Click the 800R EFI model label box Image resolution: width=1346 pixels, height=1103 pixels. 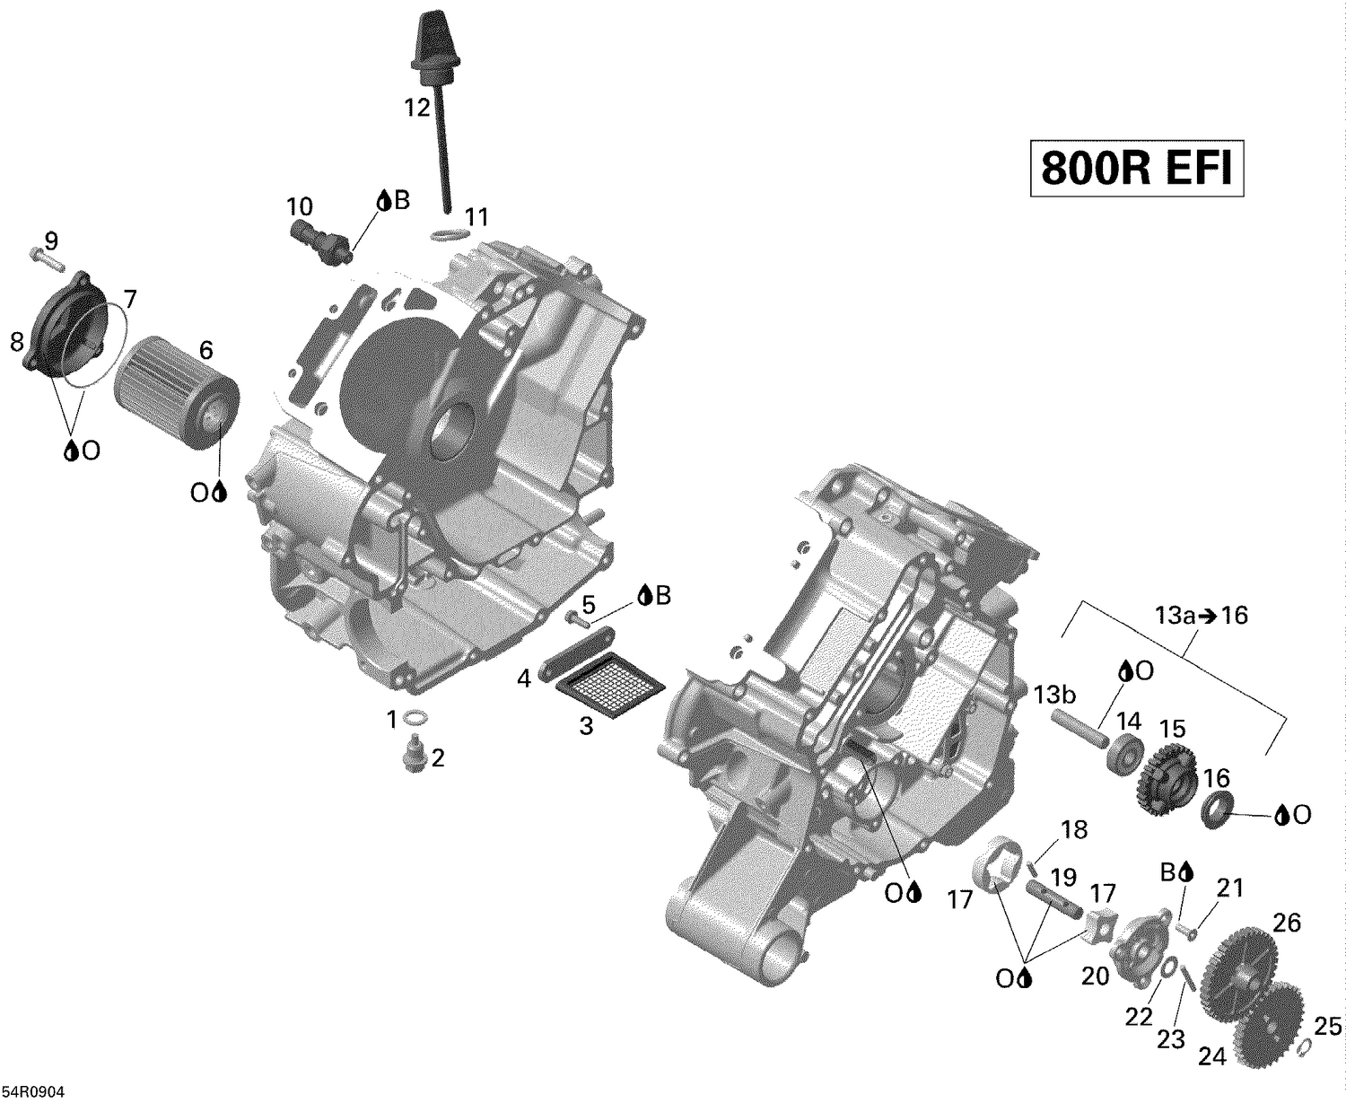point(1136,167)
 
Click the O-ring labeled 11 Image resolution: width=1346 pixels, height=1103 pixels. point(446,236)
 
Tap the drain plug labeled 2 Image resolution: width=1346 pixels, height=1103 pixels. point(414,754)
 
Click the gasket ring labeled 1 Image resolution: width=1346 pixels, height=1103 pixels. point(415,717)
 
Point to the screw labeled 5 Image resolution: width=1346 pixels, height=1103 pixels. point(579,617)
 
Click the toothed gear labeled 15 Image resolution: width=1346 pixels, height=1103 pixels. point(1167,777)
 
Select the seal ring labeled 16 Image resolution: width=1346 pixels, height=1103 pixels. point(1216,807)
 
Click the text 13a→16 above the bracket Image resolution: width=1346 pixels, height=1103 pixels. point(1201,616)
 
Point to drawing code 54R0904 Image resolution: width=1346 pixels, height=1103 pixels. point(33,1091)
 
